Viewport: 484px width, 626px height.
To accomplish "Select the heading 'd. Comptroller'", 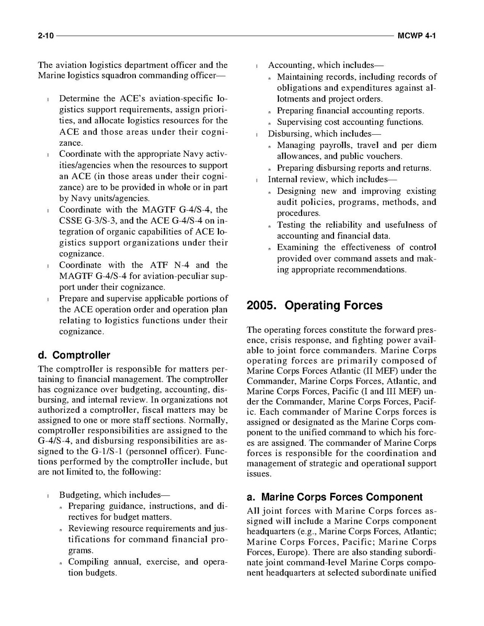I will pos(74,356).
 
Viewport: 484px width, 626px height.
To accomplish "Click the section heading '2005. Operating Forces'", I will pos(314,306).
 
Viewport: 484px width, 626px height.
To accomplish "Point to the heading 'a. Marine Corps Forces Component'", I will pos(334,497).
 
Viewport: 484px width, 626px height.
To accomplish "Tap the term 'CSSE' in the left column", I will pos(70,221).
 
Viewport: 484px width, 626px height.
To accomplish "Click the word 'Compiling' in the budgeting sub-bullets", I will pos(88,562).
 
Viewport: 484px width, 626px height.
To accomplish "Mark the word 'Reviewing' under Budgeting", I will pos(88,528).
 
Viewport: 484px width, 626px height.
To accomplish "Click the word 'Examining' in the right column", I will pos(297,247).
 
